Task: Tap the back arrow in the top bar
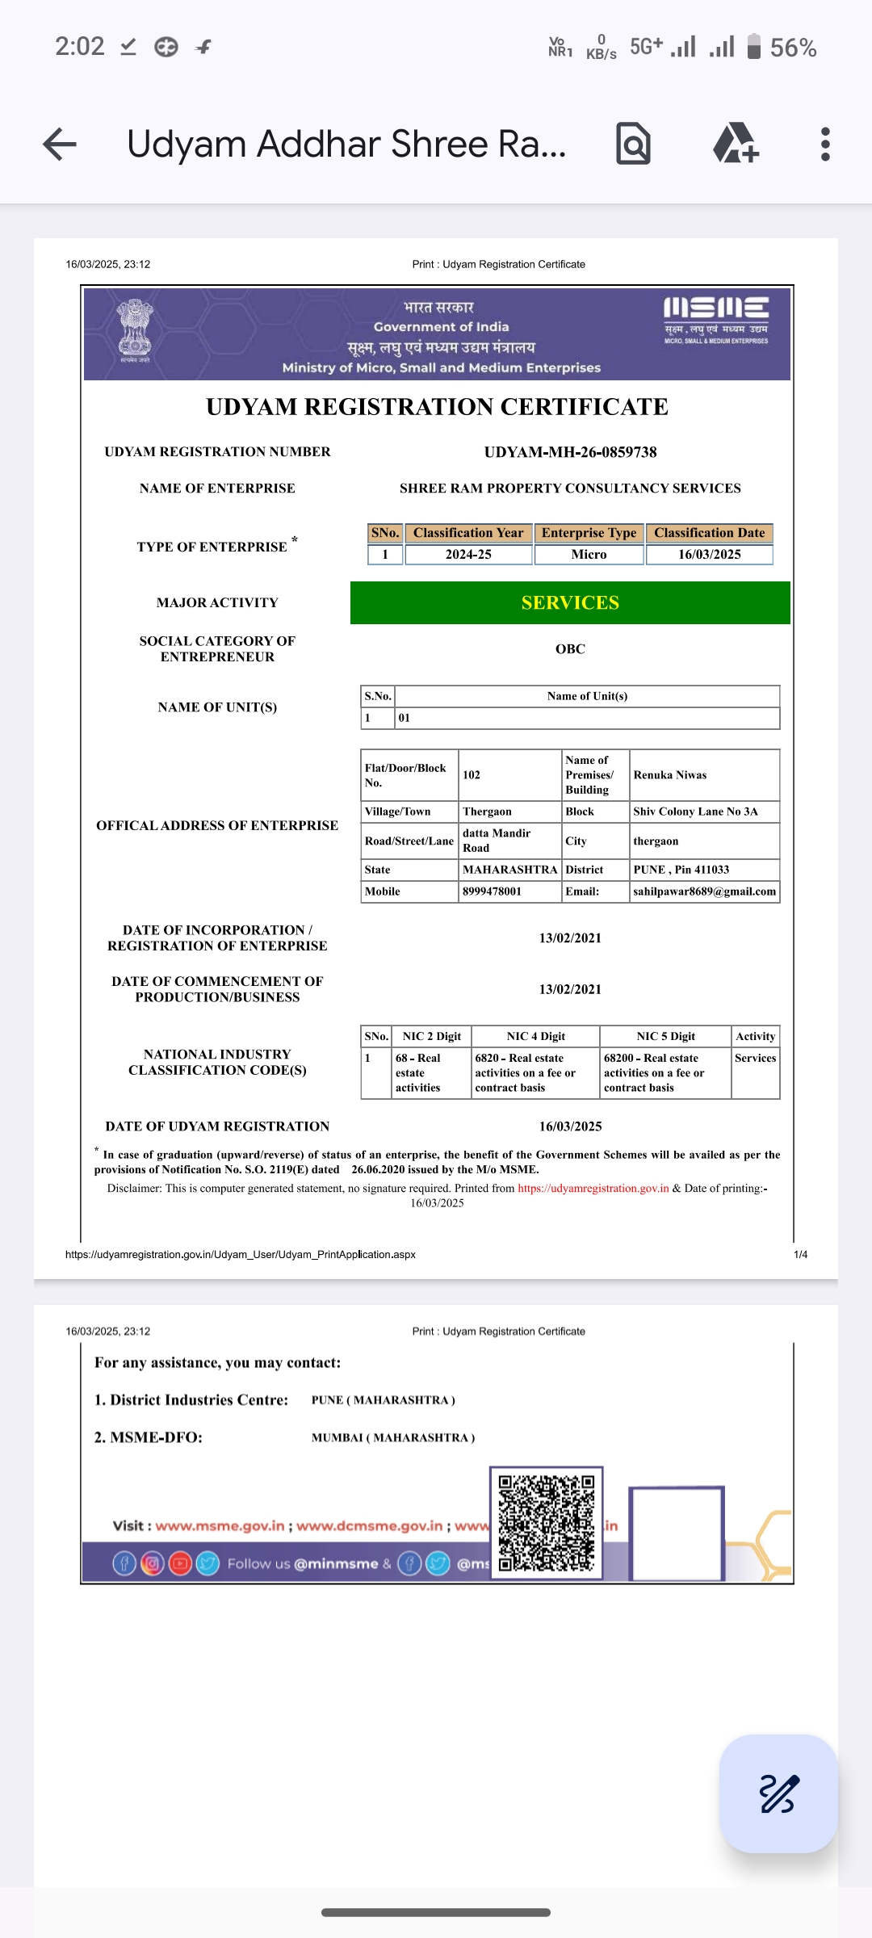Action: pos(60,145)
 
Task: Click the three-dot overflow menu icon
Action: pos(824,145)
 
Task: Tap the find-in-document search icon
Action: pos(633,145)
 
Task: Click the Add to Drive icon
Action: pos(735,144)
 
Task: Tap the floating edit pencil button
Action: pos(778,1793)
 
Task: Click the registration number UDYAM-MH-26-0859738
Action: pos(570,452)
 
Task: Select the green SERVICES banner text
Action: pos(570,603)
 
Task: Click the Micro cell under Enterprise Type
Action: pos(589,555)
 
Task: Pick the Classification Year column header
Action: pos(468,533)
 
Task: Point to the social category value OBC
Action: pos(570,649)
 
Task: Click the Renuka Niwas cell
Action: pos(670,775)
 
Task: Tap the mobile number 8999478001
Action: pos(493,891)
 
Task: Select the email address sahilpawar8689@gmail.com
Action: pos(704,891)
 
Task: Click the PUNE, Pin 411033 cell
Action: pos(681,870)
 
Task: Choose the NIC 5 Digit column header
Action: pos(665,1036)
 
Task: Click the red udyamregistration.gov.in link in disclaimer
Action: pos(593,1189)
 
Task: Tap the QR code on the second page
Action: pos(547,1522)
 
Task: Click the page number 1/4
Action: pos(800,1255)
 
